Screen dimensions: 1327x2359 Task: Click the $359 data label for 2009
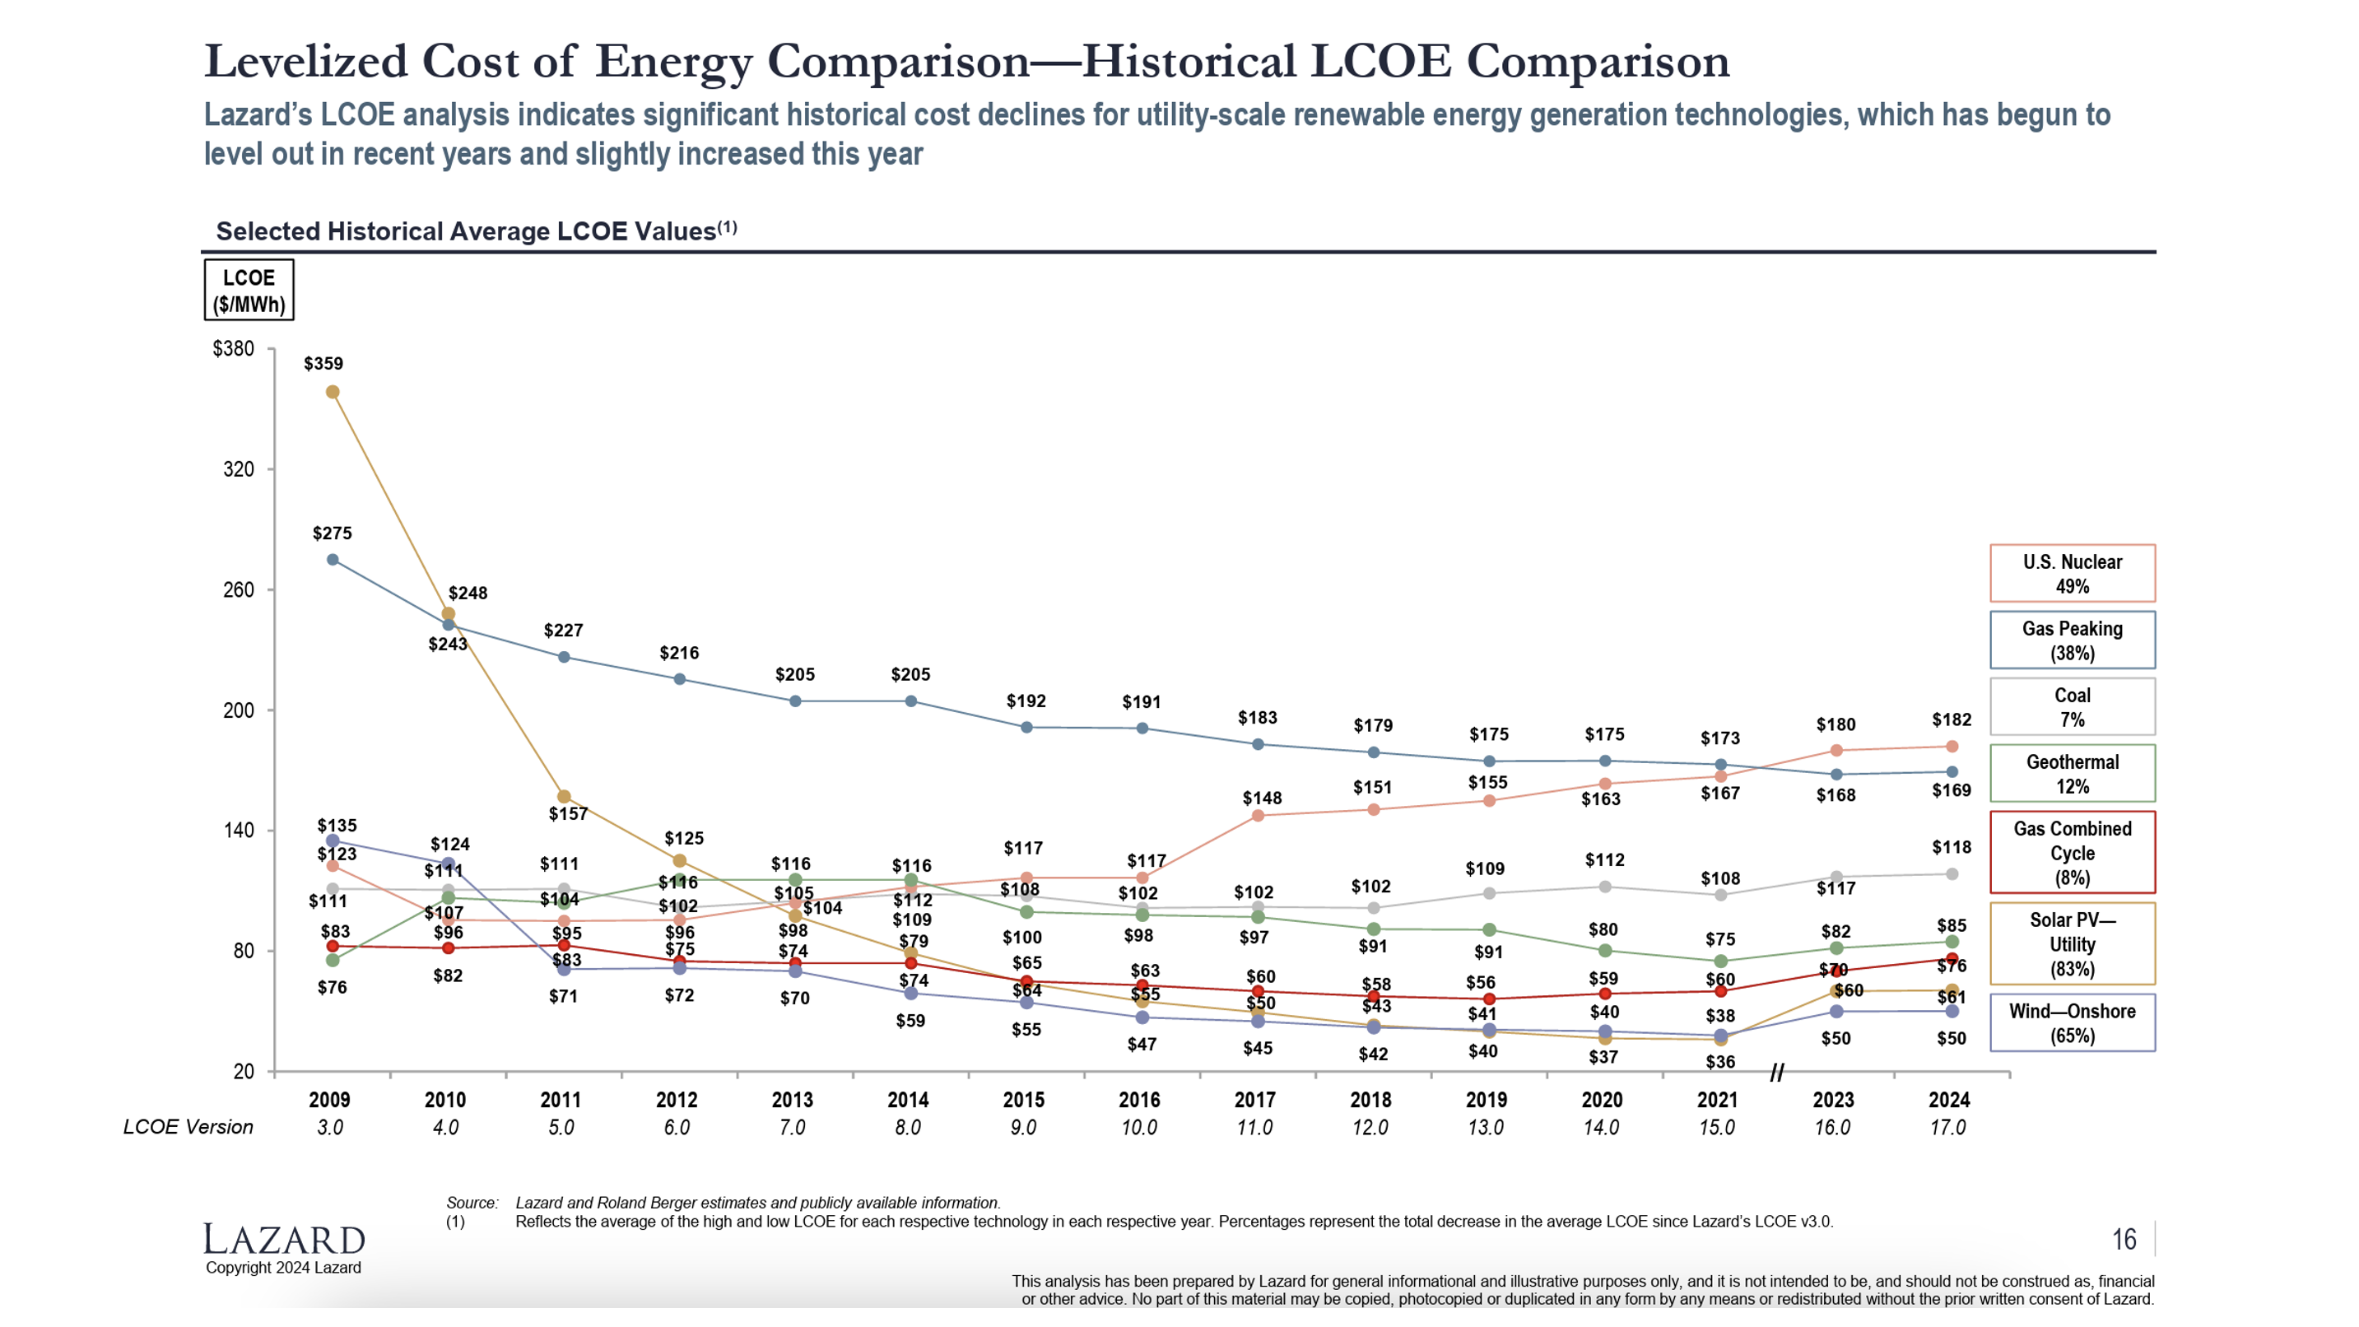pyautogui.click(x=323, y=364)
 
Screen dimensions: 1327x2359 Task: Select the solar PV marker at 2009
pyautogui.click(x=333, y=392)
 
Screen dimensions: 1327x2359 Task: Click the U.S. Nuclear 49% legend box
pyautogui.click(x=2072, y=573)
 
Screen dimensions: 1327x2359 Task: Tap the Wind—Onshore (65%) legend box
pyautogui.click(x=2072, y=1023)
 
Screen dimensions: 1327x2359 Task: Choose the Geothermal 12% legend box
pyautogui.click(x=2072, y=773)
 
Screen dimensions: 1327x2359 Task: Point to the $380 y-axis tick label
pyautogui.click(x=233, y=349)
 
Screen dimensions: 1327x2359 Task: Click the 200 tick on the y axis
pyautogui.click(x=238, y=710)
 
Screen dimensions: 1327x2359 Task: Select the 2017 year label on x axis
pyautogui.click(x=1254, y=1100)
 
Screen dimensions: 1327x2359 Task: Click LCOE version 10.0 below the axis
pyautogui.click(x=1139, y=1127)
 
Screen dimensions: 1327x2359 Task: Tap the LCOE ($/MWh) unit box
pyautogui.click(x=249, y=291)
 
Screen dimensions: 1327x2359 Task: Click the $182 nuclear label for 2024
pyautogui.click(x=1951, y=719)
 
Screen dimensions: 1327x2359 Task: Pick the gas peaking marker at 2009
pyautogui.click(x=333, y=560)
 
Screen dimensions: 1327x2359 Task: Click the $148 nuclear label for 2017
pyautogui.click(x=1261, y=799)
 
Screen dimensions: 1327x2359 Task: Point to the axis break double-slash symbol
pyautogui.click(x=1776, y=1073)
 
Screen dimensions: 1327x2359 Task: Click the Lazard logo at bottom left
pyautogui.click(x=283, y=1239)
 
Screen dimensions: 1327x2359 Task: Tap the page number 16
pyautogui.click(x=2124, y=1239)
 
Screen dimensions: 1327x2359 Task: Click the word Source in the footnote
pyautogui.click(x=471, y=1203)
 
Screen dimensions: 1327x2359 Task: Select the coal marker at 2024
pyautogui.click(x=1952, y=873)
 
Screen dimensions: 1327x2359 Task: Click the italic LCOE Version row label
pyautogui.click(x=188, y=1127)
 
